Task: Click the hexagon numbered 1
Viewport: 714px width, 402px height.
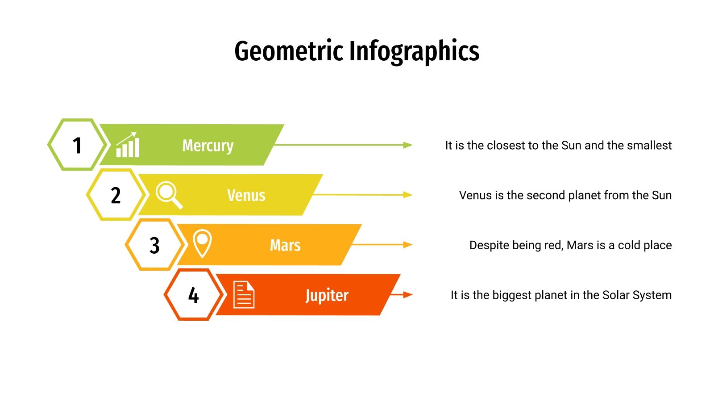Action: [77, 145]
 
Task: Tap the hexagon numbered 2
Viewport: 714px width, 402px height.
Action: [116, 195]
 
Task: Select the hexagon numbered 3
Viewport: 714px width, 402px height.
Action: [154, 245]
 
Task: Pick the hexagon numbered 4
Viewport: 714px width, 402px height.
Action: [193, 295]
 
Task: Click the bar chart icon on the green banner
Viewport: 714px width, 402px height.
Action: [128, 145]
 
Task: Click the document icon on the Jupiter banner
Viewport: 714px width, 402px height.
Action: [244, 295]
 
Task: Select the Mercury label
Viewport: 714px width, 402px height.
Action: [208, 146]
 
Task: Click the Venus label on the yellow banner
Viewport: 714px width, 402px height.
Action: [246, 195]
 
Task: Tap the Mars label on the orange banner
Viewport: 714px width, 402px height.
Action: [285, 245]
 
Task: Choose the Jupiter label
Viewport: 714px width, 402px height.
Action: [327, 295]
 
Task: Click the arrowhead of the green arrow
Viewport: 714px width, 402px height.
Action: [408, 145]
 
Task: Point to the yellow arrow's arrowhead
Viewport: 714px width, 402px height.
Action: [408, 195]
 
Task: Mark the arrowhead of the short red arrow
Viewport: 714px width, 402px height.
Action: [408, 295]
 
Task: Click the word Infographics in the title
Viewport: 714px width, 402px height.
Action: [414, 51]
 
